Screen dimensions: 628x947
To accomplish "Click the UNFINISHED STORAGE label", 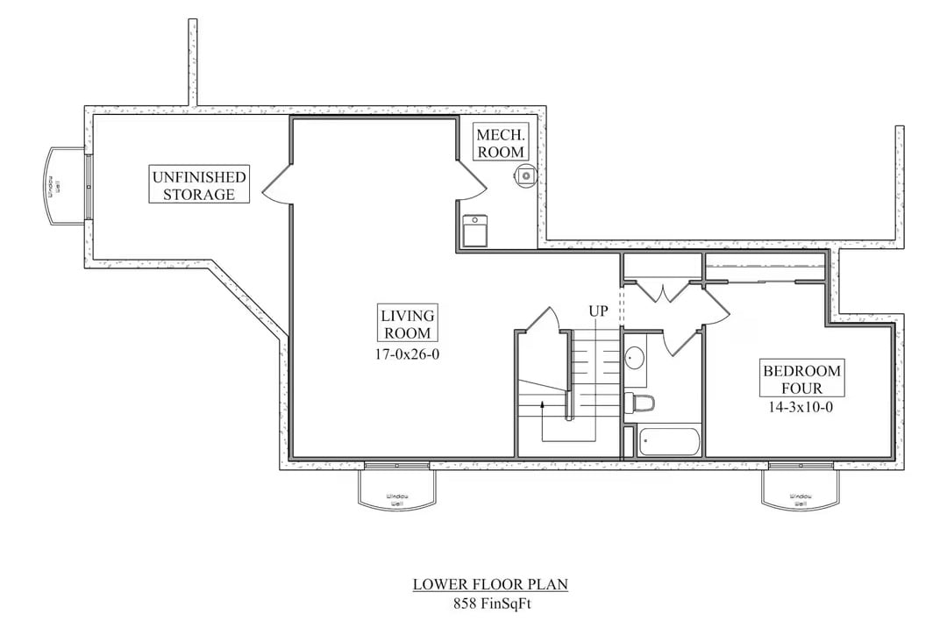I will pyautogui.click(x=199, y=185).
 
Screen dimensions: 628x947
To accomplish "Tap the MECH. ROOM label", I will pyautogui.click(x=501, y=142).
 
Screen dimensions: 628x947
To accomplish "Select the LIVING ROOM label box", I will pyautogui.click(x=408, y=324).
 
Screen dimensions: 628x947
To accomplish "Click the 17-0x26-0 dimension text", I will pyautogui.click(x=408, y=355).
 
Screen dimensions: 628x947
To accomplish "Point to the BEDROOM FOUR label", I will pyautogui.click(x=801, y=379).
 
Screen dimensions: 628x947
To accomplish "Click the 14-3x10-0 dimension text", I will pyautogui.click(x=801, y=408).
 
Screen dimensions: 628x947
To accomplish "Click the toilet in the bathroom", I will pyautogui.click(x=643, y=403).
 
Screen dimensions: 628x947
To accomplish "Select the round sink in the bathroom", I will pyautogui.click(x=635, y=358).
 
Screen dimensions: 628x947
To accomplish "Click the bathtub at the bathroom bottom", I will pyautogui.click(x=670, y=441).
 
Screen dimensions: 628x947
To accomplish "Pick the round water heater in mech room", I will pyautogui.click(x=524, y=175).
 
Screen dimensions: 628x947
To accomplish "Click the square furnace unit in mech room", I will pyautogui.click(x=476, y=232).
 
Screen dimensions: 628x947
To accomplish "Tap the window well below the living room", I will pyautogui.click(x=397, y=487).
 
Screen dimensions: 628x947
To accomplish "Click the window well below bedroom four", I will pyautogui.click(x=800, y=487).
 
